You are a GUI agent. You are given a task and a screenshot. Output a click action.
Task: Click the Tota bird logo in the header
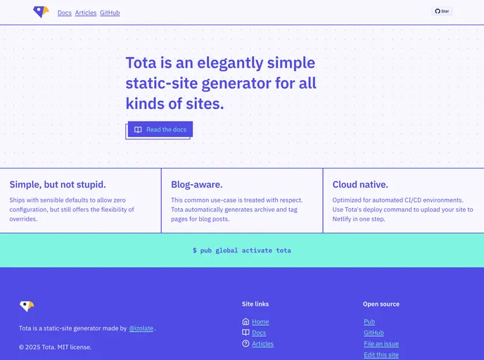tap(41, 12)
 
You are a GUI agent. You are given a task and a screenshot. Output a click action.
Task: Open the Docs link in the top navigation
tap(65, 13)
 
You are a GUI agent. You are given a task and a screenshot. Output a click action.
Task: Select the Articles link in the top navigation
tap(86, 13)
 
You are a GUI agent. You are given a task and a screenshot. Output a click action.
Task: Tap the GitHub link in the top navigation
tap(110, 13)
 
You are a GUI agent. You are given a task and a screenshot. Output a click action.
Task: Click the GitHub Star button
tap(442, 11)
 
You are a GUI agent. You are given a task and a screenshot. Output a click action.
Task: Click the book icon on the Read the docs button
tap(138, 129)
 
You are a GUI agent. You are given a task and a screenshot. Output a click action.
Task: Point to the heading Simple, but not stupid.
tap(58, 184)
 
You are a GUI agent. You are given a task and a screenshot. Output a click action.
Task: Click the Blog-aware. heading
tap(197, 184)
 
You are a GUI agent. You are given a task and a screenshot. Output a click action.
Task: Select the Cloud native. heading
tap(360, 184)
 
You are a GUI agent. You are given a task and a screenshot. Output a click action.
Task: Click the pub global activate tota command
tap(242, 250)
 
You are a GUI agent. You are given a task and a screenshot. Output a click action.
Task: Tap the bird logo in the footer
tap(27, 306)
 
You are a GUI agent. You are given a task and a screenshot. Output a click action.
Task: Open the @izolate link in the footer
tap(141, 328)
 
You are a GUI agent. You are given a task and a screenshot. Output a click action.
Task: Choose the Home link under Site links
tap(260, 321)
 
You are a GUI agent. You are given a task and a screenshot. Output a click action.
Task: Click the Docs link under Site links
tap(259, 333)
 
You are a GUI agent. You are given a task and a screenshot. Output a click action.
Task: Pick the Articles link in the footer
tap(262, 344)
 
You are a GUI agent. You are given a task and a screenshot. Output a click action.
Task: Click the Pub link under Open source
tap(369, 321)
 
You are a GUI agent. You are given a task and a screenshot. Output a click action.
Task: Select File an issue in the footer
tap(381, 344)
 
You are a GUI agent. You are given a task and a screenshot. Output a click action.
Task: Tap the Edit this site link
tap(381, 355)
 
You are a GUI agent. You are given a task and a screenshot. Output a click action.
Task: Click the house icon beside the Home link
tap(246, 321)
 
